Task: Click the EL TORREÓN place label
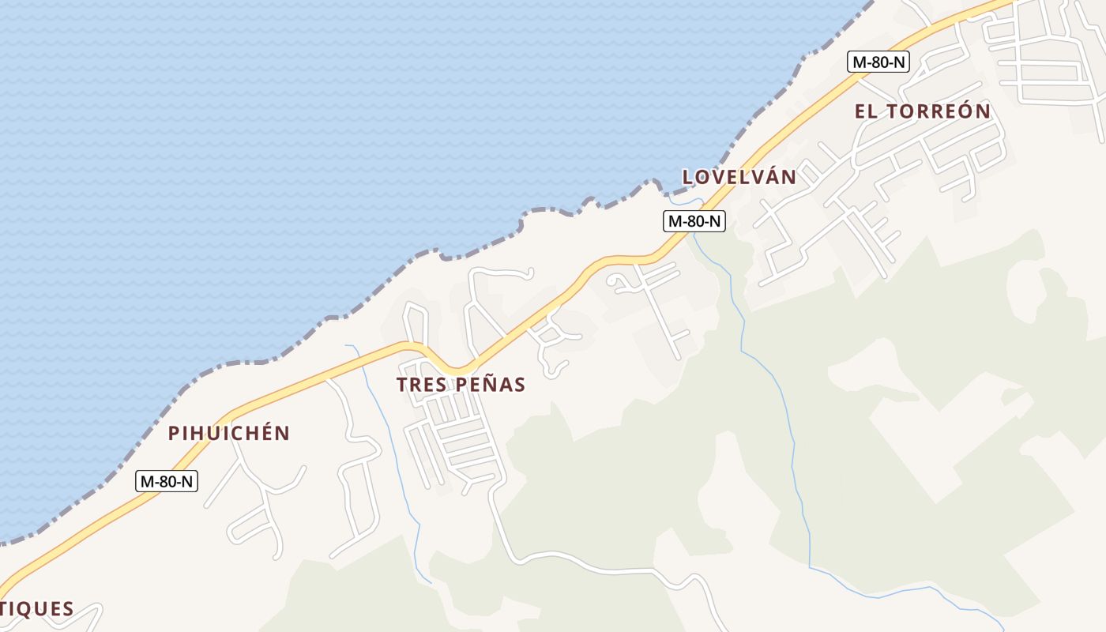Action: click(922, 111)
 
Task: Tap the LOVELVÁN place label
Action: click(739, 177)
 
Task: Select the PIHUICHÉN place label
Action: click(229, 433)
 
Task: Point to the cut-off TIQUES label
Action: click(36, 609)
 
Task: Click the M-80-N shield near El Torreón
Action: click(878, 62)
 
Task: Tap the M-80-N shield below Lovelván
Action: click(694, 221)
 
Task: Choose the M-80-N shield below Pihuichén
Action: click(167, 480)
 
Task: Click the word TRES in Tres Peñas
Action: click(423, 385)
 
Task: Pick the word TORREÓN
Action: click(939, 111)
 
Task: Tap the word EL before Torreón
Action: click(866, 111)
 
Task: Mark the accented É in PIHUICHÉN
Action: click(265, 432)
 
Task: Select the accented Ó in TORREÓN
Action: click(965, 111)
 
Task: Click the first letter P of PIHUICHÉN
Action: click(174, 433)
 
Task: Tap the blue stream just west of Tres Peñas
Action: click(387, 427)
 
